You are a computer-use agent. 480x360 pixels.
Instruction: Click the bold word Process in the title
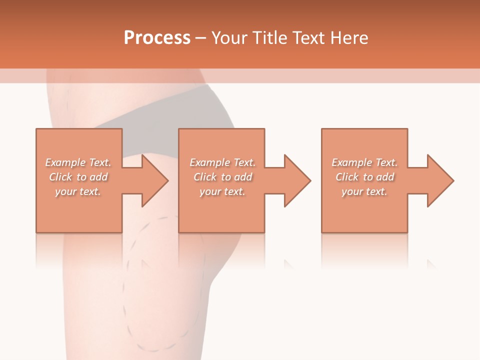(x=157, y=38)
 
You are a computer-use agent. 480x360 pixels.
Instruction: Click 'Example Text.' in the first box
(x=78, y=162)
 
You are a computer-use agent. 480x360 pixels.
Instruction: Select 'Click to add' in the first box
(x=78, y=177)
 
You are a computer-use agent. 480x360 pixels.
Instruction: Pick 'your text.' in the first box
(x=78, y=191)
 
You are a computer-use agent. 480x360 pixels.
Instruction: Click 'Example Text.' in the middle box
(x=222, y=162)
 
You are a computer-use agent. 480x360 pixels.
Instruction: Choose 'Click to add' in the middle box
(x=222, y=177)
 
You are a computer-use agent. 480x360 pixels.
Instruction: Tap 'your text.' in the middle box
(x=222, y=191)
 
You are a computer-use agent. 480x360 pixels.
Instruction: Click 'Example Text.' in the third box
(x=364, y=162)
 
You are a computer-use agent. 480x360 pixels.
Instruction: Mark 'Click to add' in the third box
(x=364, y=177)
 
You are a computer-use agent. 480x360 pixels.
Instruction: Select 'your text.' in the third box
(x=364, y=191)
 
